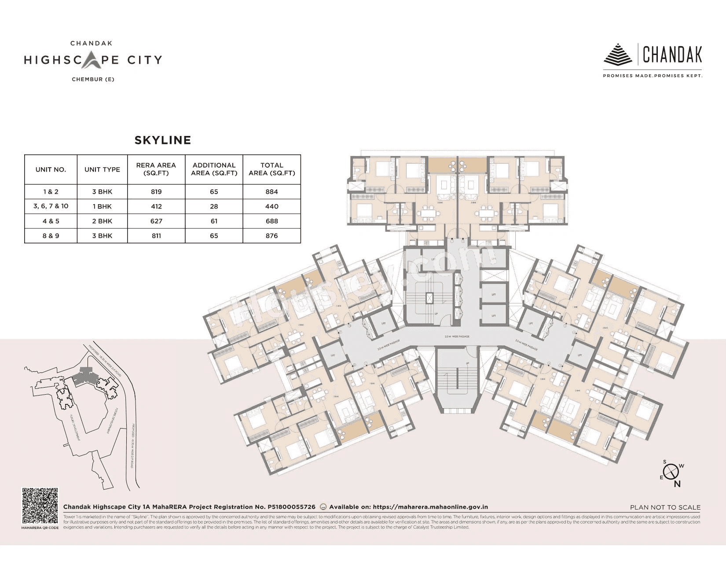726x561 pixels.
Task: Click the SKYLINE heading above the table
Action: pos(162,140)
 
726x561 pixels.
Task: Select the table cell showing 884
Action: pos(271,192)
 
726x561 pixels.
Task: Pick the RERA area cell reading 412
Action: pos(156,206)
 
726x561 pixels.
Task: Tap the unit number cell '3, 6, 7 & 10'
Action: pos(51,206)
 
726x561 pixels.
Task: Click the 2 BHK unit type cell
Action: pos(102,221)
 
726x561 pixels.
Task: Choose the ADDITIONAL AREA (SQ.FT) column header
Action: pos(214,169)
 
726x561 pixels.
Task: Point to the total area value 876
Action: pos(271,236)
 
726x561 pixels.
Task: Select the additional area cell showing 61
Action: pos(214,221)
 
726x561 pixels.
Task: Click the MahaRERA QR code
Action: pos(40,506)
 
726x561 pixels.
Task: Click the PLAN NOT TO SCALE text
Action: pos(665,507)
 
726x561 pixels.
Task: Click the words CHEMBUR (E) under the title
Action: pos(93,80)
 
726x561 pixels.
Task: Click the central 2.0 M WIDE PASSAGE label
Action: pos(457,337)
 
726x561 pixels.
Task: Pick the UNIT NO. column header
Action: pos(51,169)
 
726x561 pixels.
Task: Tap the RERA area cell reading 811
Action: pos(156,236)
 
